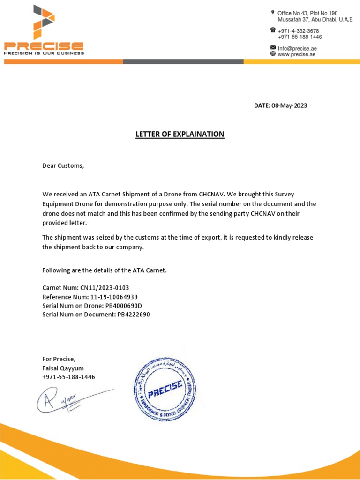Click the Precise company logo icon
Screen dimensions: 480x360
tap(43, 22)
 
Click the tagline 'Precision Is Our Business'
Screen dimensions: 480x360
tap(44, 53)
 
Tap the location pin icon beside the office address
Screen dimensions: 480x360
tap(273, 12)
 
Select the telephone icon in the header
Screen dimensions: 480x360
tap(273, 30)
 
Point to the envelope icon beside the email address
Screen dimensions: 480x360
tap(273, 48)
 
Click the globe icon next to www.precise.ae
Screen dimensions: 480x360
tap(273, 54)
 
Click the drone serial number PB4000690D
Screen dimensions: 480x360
tap(123, 306)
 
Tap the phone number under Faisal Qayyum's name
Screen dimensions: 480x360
tap(68, 377)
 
